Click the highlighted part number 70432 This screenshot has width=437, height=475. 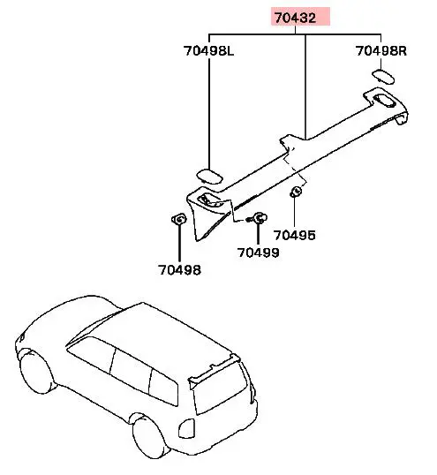coord(295,18)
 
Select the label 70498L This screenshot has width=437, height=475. coord(209,50)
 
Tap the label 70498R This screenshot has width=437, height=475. coord(381,50)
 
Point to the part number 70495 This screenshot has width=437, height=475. coord(294,235)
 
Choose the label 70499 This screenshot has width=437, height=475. coord(258,253)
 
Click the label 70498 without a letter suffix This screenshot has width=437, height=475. coord(179,269)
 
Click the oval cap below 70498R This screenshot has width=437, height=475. coord(383,77)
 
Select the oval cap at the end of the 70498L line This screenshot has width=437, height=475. coord(209,176)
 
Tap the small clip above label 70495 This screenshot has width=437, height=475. coord(296,192)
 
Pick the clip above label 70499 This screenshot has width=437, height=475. coord(260,217)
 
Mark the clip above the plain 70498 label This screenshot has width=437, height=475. coord(178,219)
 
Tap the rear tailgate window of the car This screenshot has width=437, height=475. coord(221,388)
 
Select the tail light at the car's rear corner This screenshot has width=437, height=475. coord(185,428)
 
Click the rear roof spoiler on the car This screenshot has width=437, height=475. coord(215,372)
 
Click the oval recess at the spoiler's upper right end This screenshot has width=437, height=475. coord(384,102)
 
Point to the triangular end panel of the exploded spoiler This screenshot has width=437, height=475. coord(209,215)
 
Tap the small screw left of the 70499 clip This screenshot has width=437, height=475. coord(249,219)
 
